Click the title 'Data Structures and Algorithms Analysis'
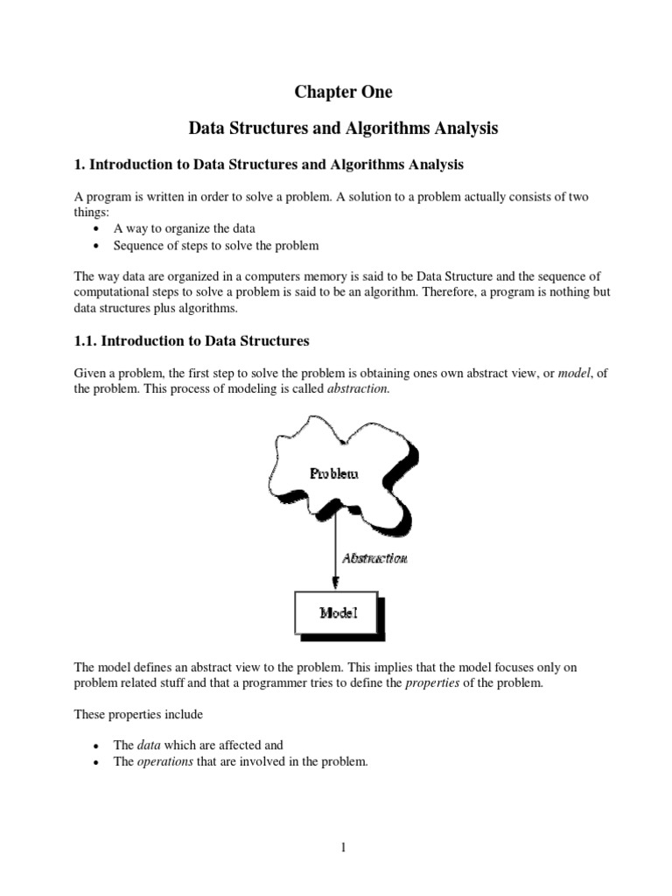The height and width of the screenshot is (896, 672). coord(343,129)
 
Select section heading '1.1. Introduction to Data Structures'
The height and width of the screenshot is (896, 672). coord(192,339)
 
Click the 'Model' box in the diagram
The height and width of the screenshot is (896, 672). coord(337,613)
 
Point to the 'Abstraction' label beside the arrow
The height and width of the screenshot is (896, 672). coord(374,558)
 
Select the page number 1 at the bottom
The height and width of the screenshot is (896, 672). coord(343,847)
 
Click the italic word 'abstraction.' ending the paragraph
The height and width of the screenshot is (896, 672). coord(357,388)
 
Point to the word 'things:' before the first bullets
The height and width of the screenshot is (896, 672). coord(89,212)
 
